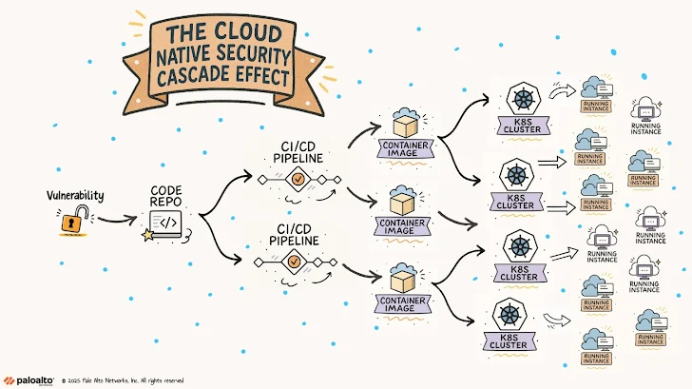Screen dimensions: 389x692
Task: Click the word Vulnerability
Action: click(76, 195)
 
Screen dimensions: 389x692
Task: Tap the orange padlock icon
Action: click(71, 222)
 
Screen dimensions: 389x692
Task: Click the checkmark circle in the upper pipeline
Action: click(297, 178)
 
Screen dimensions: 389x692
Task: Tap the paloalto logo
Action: click(29, 378)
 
